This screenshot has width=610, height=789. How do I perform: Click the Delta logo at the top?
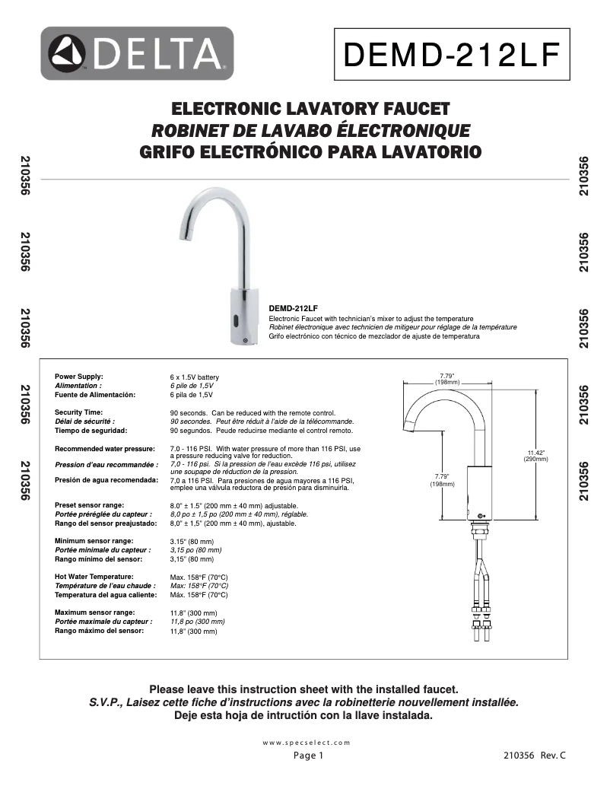(137, 53)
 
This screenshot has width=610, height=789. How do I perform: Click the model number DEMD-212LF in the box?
(452, 55)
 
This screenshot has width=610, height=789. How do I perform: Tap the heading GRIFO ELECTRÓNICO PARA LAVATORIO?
(311, 151)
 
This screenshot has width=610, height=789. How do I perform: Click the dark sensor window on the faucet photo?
(237, 320)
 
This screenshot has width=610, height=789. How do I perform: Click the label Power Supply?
(79, 377)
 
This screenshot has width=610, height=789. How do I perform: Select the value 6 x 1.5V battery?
(194, 377)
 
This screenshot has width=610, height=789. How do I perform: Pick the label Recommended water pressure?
(105, 449)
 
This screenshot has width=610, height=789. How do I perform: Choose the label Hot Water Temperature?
(94, 577)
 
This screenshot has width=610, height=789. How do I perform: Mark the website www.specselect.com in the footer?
(306, 742)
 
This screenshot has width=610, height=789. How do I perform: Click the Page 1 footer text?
(309, 756)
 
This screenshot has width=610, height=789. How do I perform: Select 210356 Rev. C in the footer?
(535, 756)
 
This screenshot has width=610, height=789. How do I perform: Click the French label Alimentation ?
(79, 386)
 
